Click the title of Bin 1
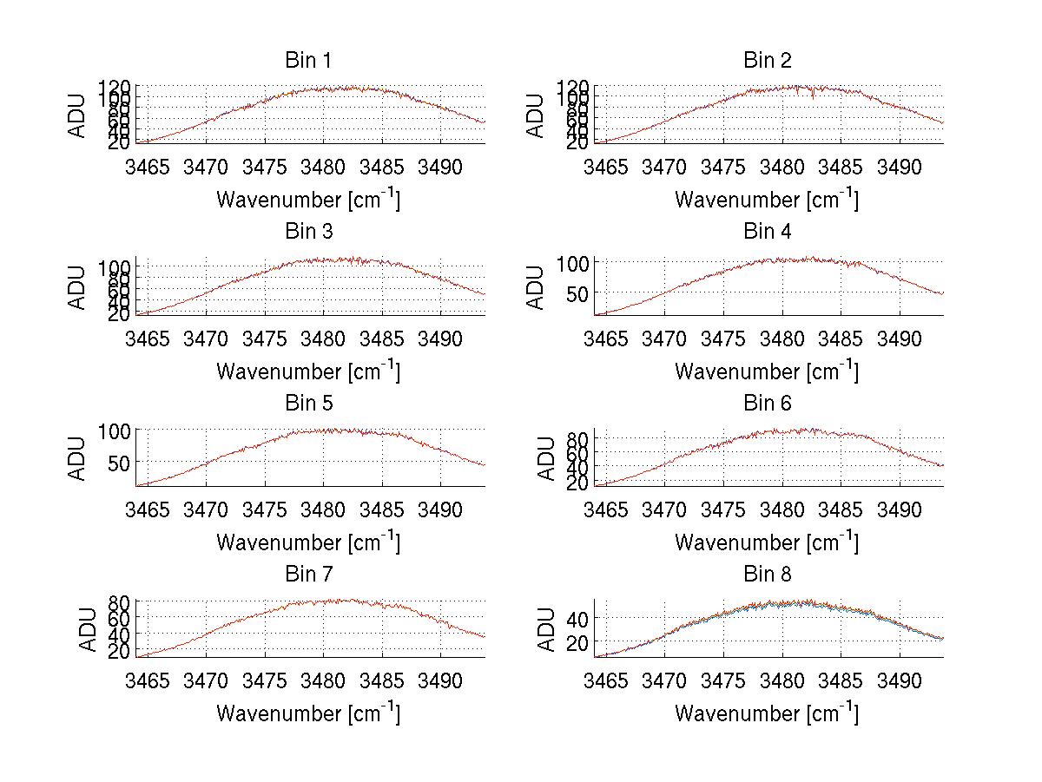307,61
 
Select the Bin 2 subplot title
767,61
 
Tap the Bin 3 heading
307,232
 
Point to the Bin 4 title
767,232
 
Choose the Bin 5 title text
307,404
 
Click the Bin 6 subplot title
767,404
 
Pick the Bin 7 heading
307,575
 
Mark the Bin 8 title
767,575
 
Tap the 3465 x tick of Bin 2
605,166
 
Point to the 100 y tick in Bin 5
115,430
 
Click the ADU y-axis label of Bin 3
78,286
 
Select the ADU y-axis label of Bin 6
546,458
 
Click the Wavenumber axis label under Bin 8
767,713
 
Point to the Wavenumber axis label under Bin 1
307,200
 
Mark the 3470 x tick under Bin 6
664,509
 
